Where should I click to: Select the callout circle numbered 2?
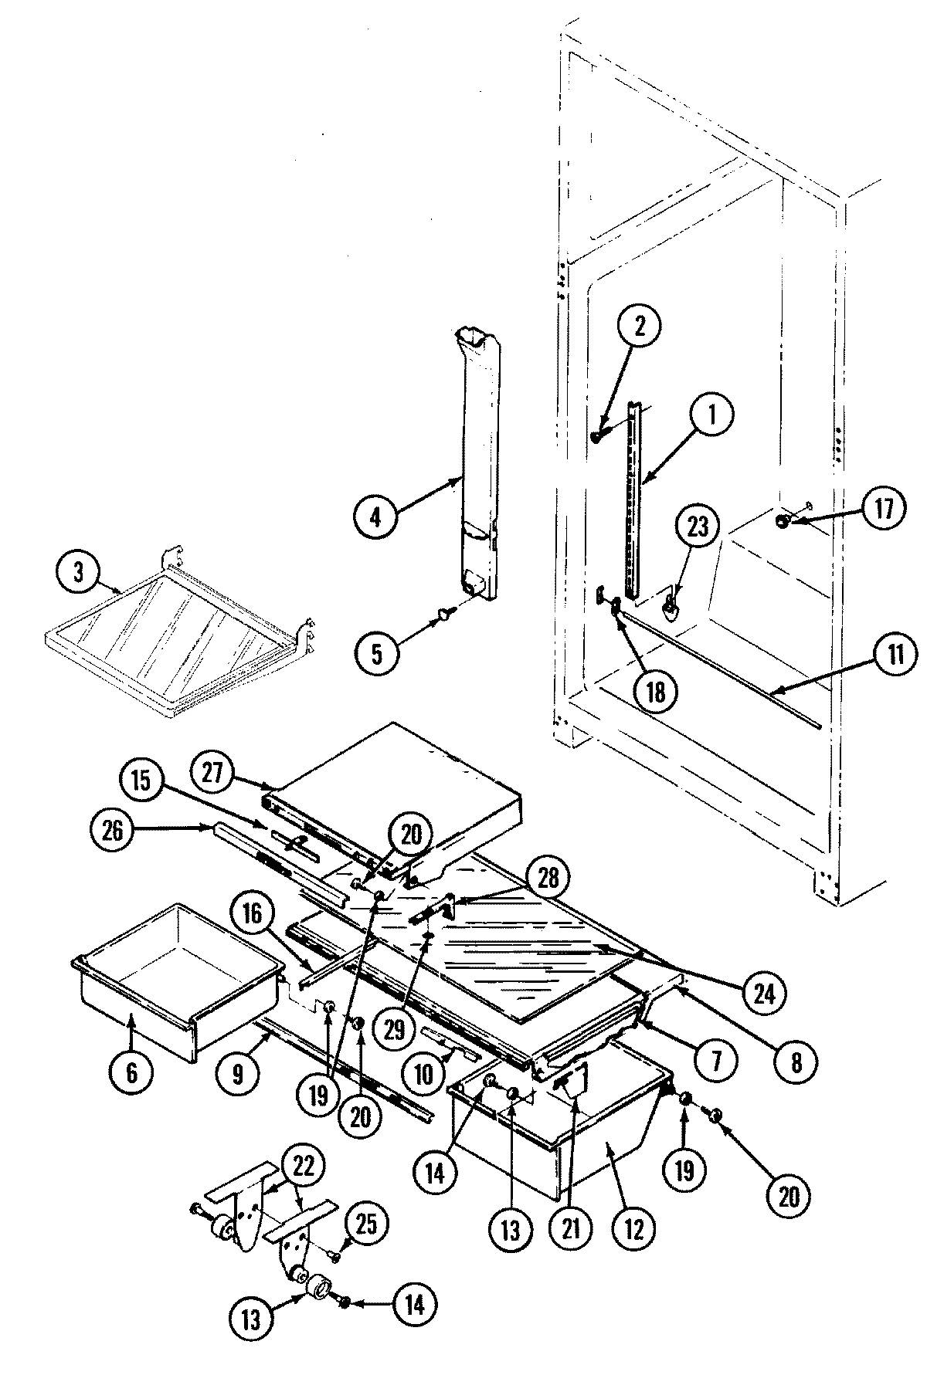click(x=637, y=327)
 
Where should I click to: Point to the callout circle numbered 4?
click(x=375, y=516)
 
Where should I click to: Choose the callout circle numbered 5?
click(x=376, y=653)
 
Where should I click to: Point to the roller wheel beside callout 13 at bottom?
click(x=320, y=1290)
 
